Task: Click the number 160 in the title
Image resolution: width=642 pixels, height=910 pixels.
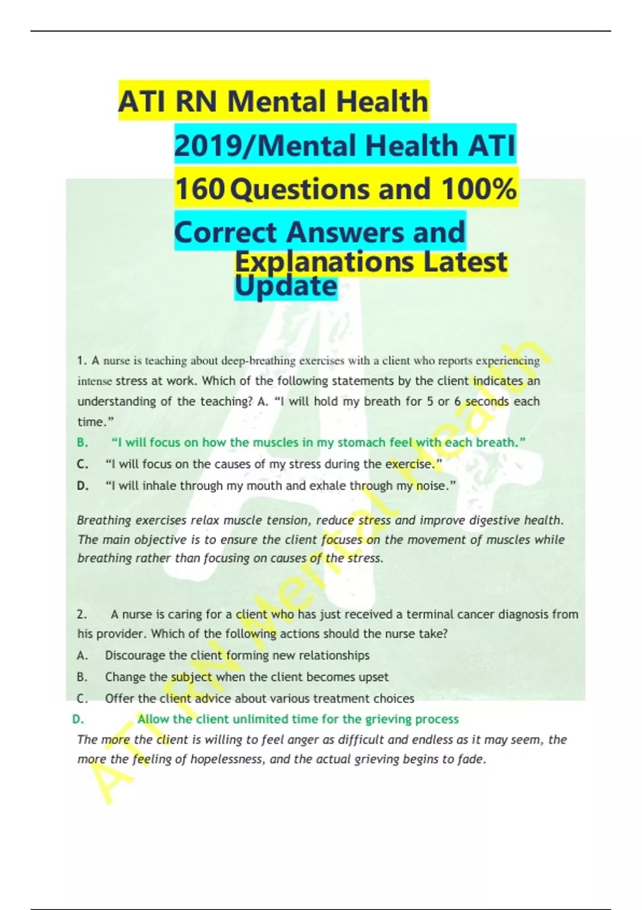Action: [x=199, y=189]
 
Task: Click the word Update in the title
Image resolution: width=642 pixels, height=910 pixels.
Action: [x=286, y=286]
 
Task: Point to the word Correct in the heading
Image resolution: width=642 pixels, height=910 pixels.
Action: [x=225, y=233]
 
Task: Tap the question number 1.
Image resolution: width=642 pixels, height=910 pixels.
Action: [x=81, y=361]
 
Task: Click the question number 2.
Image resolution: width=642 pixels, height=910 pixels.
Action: [x=81, y=615]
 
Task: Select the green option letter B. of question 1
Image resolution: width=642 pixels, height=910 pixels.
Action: [x=82, y=443]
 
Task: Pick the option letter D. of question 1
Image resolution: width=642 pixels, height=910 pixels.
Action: [x=82, y=486]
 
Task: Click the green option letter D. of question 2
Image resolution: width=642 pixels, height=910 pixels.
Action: [x=78, y=719]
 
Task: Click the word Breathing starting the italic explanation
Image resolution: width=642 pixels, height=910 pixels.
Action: [x=104, y=520]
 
